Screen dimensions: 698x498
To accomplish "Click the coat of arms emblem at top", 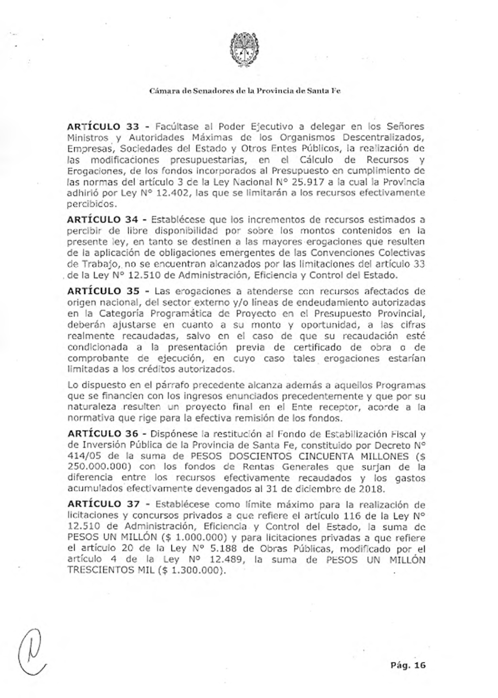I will (244, 48).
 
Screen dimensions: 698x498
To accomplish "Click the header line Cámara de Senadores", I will (245, 91).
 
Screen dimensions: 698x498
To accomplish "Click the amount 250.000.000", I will (97, 467).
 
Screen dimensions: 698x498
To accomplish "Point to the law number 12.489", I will (221, 560).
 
